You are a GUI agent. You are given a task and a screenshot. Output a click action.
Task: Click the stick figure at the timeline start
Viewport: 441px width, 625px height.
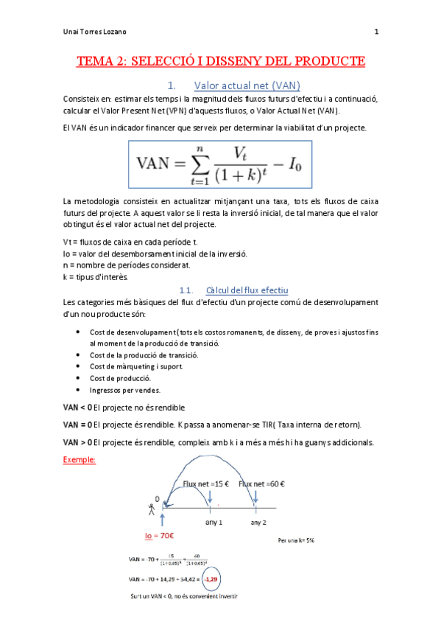(152, 508)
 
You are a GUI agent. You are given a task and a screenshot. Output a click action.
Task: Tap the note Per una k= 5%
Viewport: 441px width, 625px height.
(297, 540)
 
